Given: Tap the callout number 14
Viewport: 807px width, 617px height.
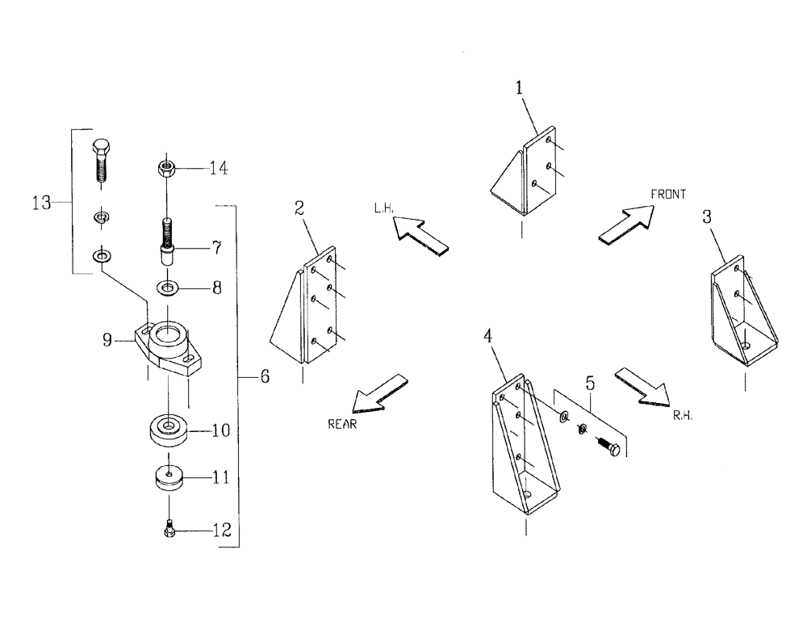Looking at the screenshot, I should [218, 169].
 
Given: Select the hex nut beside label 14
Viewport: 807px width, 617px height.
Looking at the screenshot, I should [165, 170].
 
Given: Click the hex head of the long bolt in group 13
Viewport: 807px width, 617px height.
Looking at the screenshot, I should [102, 149].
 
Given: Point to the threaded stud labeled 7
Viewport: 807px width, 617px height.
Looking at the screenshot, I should [167, 238].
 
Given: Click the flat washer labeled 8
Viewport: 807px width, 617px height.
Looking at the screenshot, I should [169, 287].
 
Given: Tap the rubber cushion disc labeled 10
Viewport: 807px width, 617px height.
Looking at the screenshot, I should [168, 429].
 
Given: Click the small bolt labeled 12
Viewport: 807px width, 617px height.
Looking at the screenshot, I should [169, 530].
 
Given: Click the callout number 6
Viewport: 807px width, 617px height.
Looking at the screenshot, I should [264, 376].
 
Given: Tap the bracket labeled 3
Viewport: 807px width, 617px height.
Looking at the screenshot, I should [742, 315].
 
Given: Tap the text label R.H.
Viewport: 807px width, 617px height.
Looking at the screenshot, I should [683, 417].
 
